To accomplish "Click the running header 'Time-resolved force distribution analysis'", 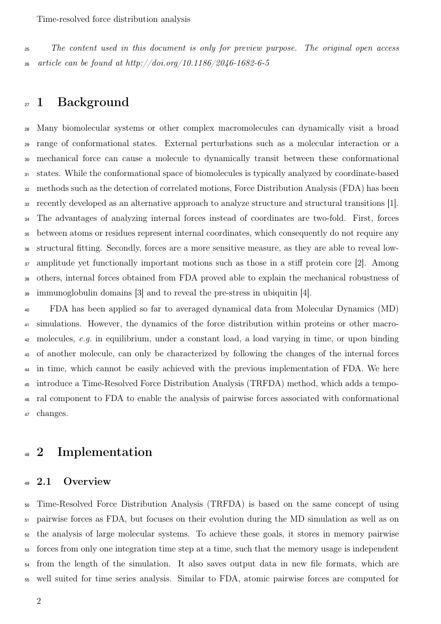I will [x=113, y=19].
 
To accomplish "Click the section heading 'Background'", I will [x=93, y=102].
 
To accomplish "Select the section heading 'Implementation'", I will [x=104, y=452].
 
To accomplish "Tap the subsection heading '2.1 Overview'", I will [x=74, y=481].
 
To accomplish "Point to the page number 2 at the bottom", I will [x=39, y=601].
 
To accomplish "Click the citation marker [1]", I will [x=394, y=203].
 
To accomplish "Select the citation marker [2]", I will [x=360, y=263].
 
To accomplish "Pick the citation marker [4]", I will [x=306, y=293].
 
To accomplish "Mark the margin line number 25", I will [x=27, y=49].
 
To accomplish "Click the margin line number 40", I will [x=27, y=309].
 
